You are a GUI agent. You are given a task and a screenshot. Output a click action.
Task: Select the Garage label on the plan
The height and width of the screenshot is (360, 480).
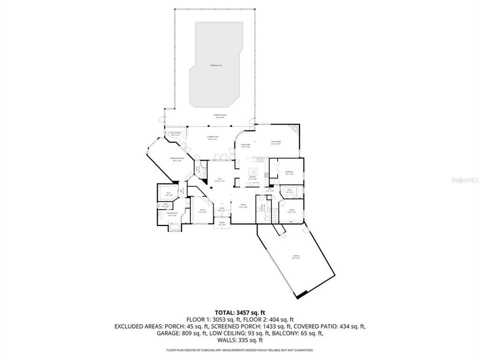tap(296, 257)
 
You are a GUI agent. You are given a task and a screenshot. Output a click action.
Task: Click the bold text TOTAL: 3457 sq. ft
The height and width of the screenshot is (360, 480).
tap(239, 311)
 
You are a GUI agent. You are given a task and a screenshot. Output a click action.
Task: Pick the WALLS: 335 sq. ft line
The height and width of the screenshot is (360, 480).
tap(239, 339)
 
